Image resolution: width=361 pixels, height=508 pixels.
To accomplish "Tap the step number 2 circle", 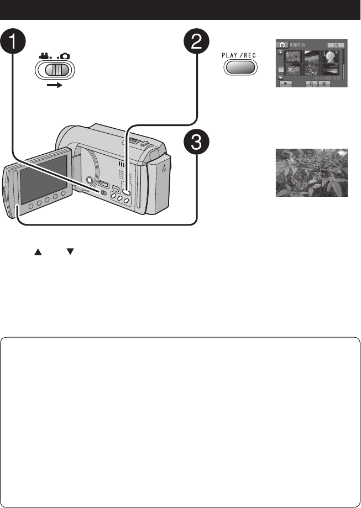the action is (x=197, y=42).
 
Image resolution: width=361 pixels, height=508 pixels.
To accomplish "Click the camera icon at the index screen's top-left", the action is (x=281, y=44).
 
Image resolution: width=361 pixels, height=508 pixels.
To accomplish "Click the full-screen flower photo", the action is (x=312, y=173).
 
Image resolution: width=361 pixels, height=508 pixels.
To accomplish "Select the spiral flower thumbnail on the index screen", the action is (x=331, y=56).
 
